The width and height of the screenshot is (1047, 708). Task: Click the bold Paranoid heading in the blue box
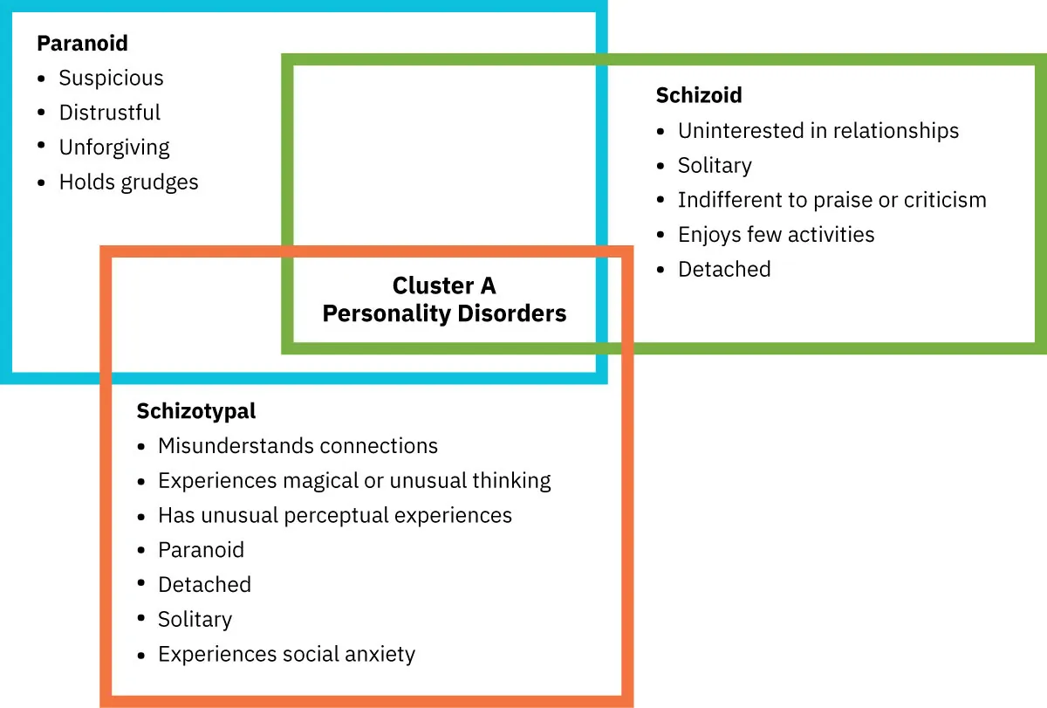click(x=82, y=43)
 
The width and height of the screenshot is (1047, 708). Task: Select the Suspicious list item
click(x=111, y=78)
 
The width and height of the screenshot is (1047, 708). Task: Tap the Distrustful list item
click(x=109, y=113)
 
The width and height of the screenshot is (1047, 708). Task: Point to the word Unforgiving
click(x=114, y=148)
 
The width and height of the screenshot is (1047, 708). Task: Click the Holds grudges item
click(x=128, y=182)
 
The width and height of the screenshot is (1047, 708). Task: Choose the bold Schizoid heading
click(x=698, y=95)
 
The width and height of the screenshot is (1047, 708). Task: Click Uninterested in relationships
click(x=818, y=131)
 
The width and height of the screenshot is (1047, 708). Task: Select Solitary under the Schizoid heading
click(x=714, y=166)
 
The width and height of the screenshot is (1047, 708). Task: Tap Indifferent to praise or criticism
click(x=831, y=200)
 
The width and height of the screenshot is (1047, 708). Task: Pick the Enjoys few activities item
click(x=776, y=235)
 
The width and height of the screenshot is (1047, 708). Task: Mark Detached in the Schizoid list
click(x=723, y=269)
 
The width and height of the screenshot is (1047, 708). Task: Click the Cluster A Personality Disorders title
click(x=444, y=299)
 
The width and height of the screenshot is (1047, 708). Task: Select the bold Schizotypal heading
click(x=196, y=410)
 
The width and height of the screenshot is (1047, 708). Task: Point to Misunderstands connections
click(x=298, y=446)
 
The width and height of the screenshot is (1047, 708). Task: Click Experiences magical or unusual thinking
click(x=354, y=480)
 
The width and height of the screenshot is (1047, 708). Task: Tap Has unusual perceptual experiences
click(x=334, y=515)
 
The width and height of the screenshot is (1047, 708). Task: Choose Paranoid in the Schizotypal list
click(x=201, y=550)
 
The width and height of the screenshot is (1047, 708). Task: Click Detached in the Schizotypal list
click(x=204, y=585)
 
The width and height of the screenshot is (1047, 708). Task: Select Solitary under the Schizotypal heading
click(x=195, y=620)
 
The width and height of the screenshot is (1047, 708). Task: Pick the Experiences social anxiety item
click(x=286, y=654)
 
